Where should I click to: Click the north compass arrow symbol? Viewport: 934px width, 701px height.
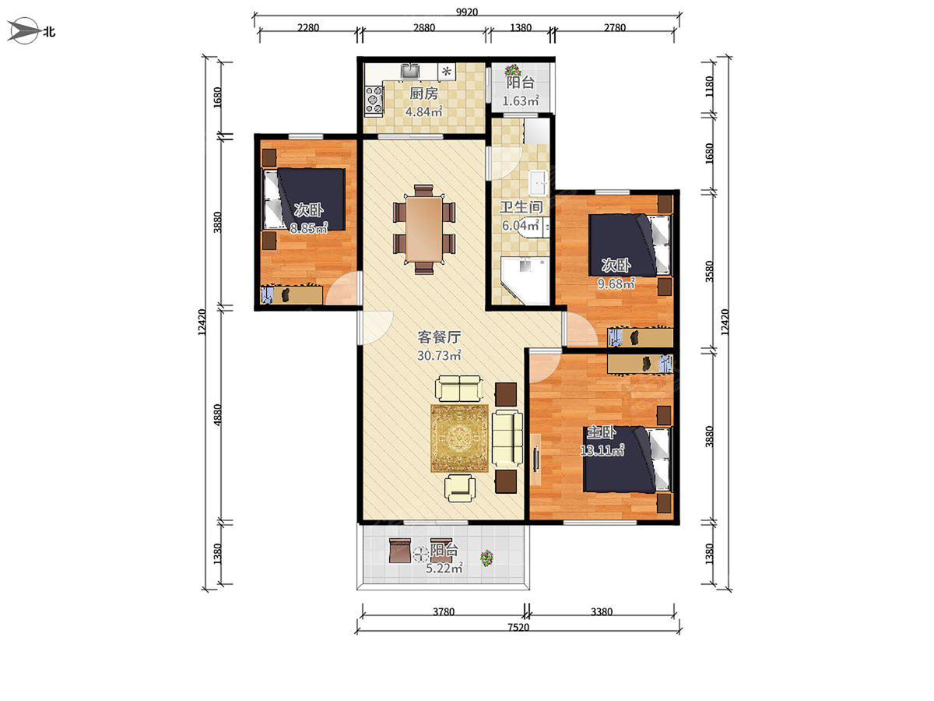[24, 30]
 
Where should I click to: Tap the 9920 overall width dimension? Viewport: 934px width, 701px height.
[467, 12]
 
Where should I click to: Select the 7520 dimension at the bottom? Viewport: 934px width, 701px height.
[518, 627]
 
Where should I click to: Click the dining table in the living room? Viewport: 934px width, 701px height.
[424, 229]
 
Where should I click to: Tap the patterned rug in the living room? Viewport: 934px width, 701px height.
[459, 439]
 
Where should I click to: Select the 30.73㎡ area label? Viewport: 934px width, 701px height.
[439, 355]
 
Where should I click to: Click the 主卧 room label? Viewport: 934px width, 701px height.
[601, 433]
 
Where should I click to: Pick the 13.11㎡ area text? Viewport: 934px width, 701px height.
[602, 450]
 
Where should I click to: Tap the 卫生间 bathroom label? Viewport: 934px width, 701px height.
[521, 207]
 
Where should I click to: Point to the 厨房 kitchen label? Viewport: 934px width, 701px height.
[423, 93]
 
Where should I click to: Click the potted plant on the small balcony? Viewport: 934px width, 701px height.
[513, 70]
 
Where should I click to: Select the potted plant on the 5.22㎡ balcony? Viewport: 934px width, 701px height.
[486, 558]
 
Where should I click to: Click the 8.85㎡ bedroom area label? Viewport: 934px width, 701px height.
[308, 228]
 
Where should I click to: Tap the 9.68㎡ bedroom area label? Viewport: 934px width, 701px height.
[616, 283]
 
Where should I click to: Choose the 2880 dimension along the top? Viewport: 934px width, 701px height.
[424, 28]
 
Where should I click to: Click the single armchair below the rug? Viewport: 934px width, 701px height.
[459, 488]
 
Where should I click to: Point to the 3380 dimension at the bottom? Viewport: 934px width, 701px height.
[601, 611]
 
